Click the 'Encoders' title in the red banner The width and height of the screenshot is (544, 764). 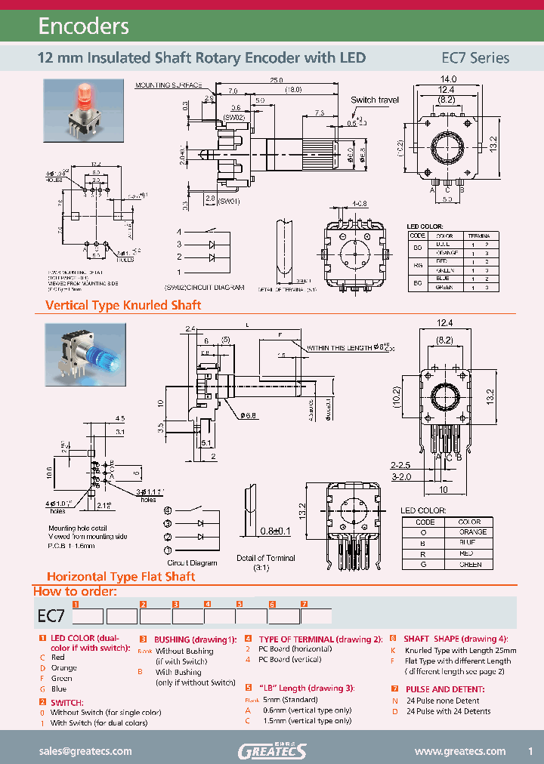84,27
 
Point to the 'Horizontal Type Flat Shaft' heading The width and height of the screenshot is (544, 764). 121,576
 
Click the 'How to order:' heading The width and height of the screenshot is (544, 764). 75,591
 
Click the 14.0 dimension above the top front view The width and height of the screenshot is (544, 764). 448,79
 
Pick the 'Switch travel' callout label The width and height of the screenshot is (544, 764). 375,100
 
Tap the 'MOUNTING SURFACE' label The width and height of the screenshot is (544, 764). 168,86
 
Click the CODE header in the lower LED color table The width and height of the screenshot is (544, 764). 425,521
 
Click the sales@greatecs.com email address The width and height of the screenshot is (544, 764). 85,751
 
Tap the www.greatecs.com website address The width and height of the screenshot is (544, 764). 460,751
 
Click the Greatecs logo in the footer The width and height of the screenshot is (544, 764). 272,750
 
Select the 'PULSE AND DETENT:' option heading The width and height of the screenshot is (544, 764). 446,689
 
